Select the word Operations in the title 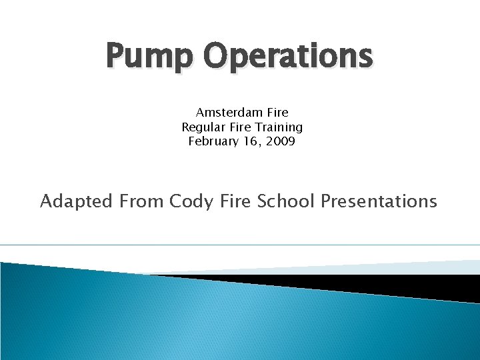pyautogui.click(x=287, y=56)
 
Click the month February pyautogui.click(x=213, y=141)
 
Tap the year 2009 pyautogui.click(x=280, y=141)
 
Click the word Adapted pyautogui.click(x=76, y=201)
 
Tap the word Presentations pyautogui.click(x=379, y=201)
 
